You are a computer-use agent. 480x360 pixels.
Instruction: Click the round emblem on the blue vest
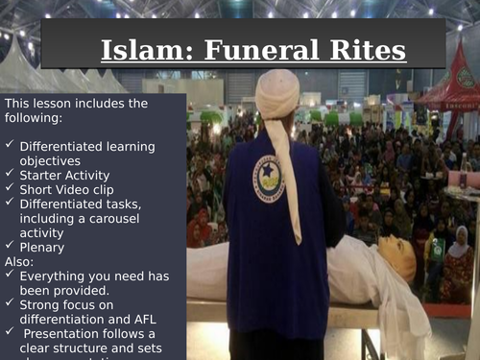tap(268, 178)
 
